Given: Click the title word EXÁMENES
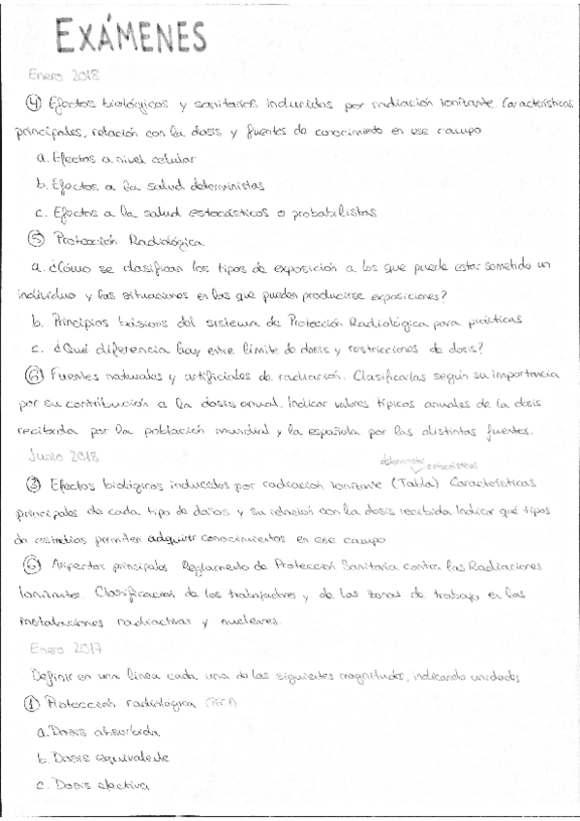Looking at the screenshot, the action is (x=132, y=39).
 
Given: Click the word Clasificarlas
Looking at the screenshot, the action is (x=395, y=373).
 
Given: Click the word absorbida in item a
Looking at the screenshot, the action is (x=118, y=731).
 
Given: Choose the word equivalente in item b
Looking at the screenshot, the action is (x=126, y=759).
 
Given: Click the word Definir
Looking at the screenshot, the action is (x=52, y=677).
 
